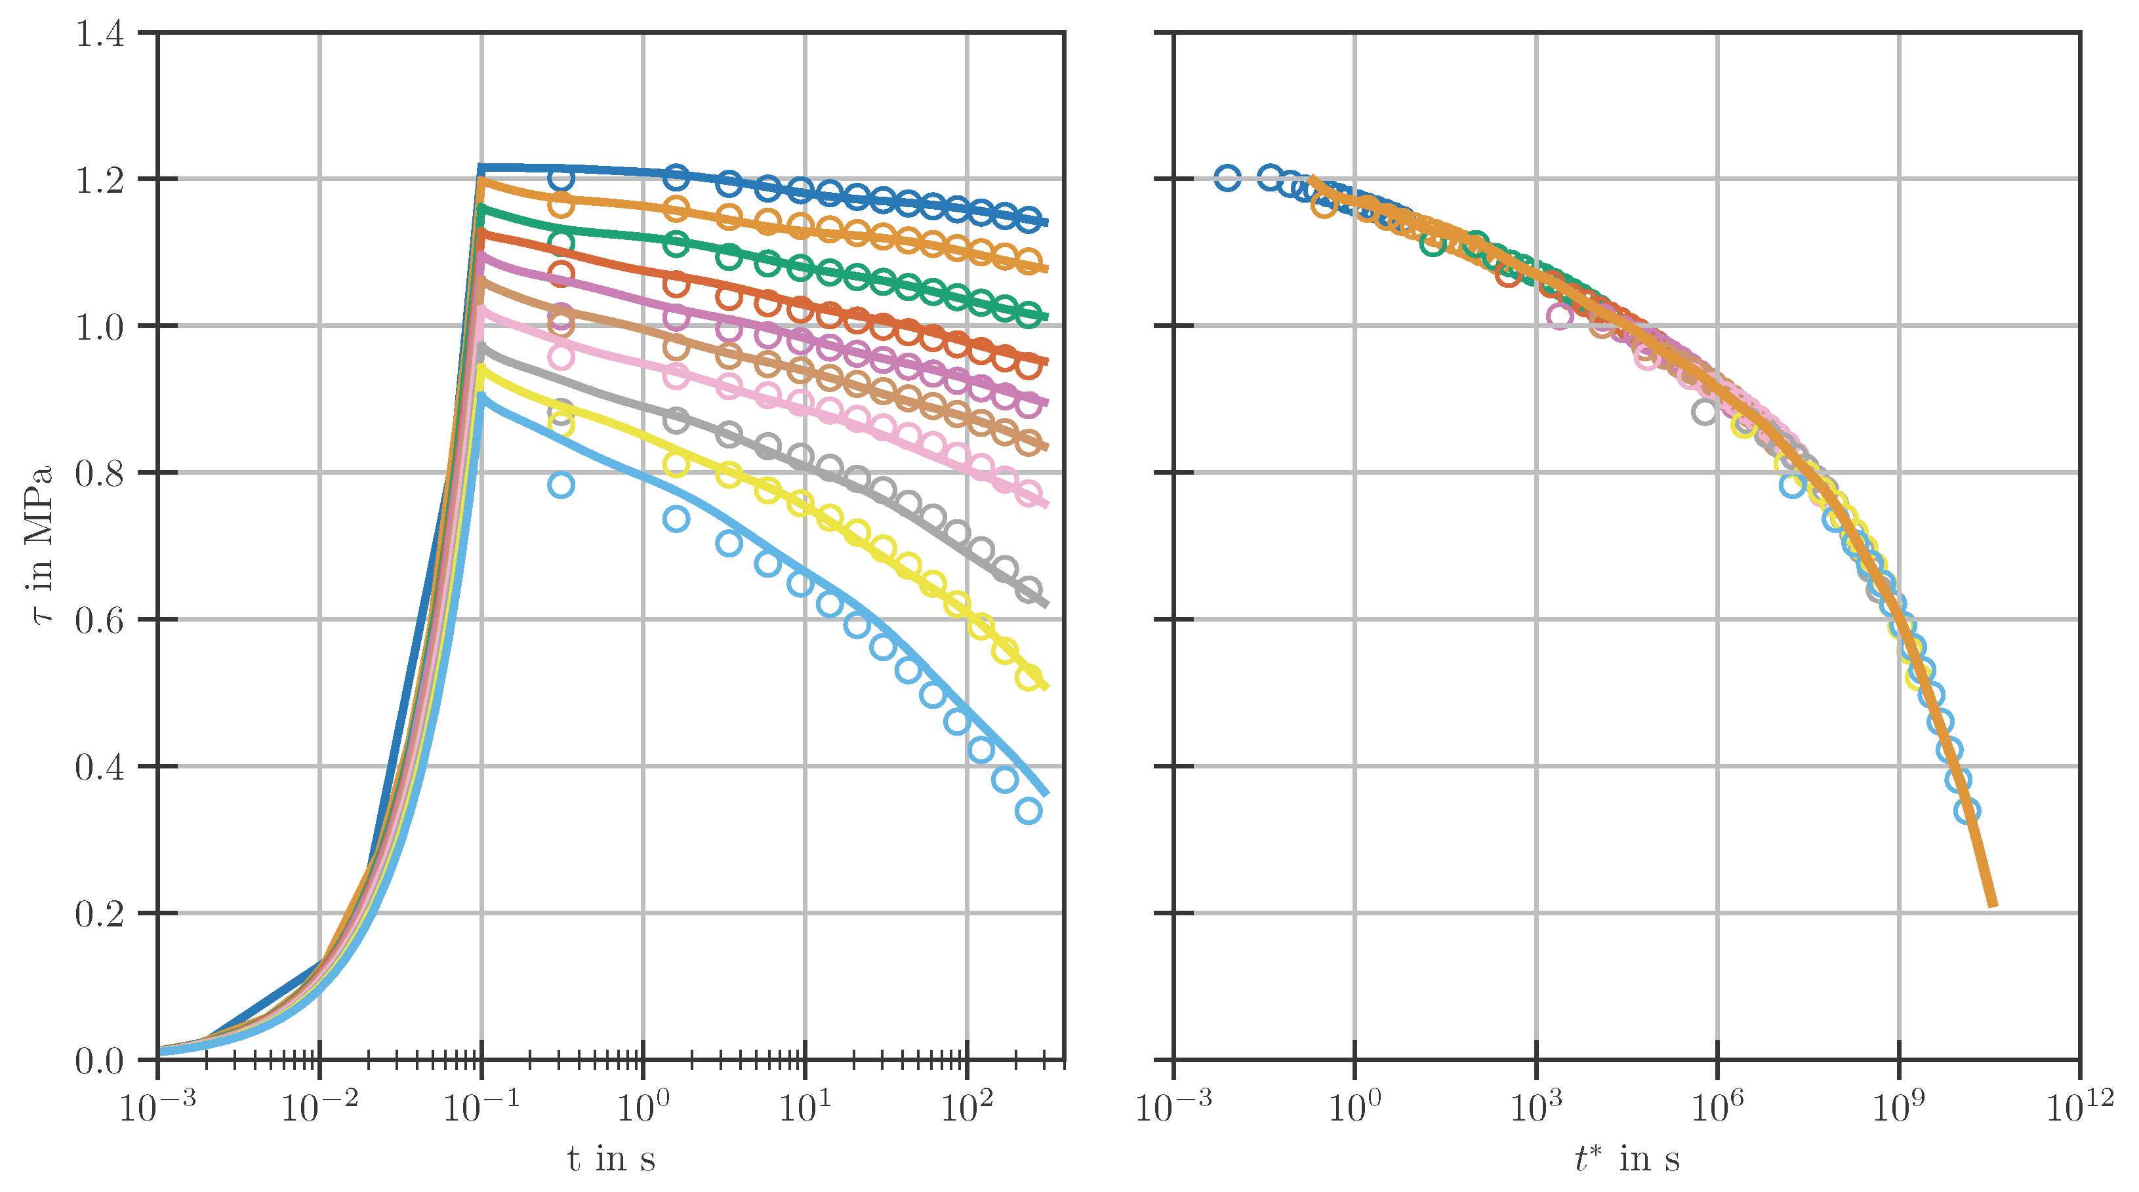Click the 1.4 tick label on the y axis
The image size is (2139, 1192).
click(99, 34)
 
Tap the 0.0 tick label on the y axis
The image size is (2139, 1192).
click(99, 1061)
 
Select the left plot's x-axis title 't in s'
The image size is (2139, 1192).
click(611, 1158)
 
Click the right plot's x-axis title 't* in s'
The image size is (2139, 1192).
click(1627, 1158)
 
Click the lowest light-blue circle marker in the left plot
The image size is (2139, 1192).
click(1028, 811)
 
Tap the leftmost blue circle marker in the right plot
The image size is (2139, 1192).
click(1227, 178)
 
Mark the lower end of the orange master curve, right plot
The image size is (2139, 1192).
click(1992, 905)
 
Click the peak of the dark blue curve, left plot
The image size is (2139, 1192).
click(481, 169)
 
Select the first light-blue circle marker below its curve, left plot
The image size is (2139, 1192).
click(561, 485)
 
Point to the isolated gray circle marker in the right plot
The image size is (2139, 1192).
click(1704, 411)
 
